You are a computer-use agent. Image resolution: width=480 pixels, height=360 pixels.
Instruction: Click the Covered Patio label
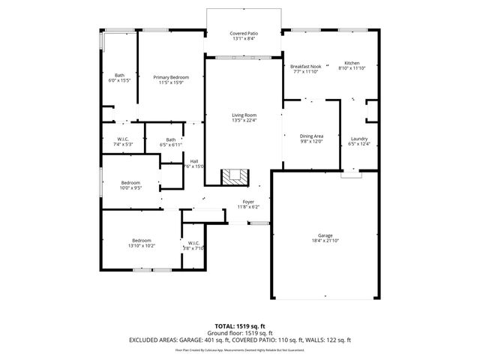tap(244, 33)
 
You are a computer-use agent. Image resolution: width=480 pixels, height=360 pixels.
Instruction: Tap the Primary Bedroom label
tap(171, 77)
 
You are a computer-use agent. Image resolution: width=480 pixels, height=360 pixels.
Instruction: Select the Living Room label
tap(244, 115)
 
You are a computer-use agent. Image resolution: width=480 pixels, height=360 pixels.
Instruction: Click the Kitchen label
tap(352, 63)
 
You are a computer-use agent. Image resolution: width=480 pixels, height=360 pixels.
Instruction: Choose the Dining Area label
tap(311, 136)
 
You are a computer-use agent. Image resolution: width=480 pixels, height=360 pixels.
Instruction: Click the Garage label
tap(325, 235)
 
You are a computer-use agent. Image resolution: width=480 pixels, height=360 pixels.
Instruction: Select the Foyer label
tap(247, 202)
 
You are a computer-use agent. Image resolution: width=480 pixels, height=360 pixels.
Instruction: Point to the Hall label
tap(194, 161)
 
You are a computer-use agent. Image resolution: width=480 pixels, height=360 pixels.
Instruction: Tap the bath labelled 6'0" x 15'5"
tap(120, 76)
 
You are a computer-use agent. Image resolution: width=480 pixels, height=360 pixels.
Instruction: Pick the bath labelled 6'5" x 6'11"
tap(171, 140)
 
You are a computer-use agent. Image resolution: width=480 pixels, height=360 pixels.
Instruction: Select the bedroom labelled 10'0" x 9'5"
tap(131, 184)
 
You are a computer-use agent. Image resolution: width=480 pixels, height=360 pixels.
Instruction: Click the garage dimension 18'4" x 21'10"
tap(325, 240)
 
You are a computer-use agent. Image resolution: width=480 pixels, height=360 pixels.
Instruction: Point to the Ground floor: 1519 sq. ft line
tap(240, 334)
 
